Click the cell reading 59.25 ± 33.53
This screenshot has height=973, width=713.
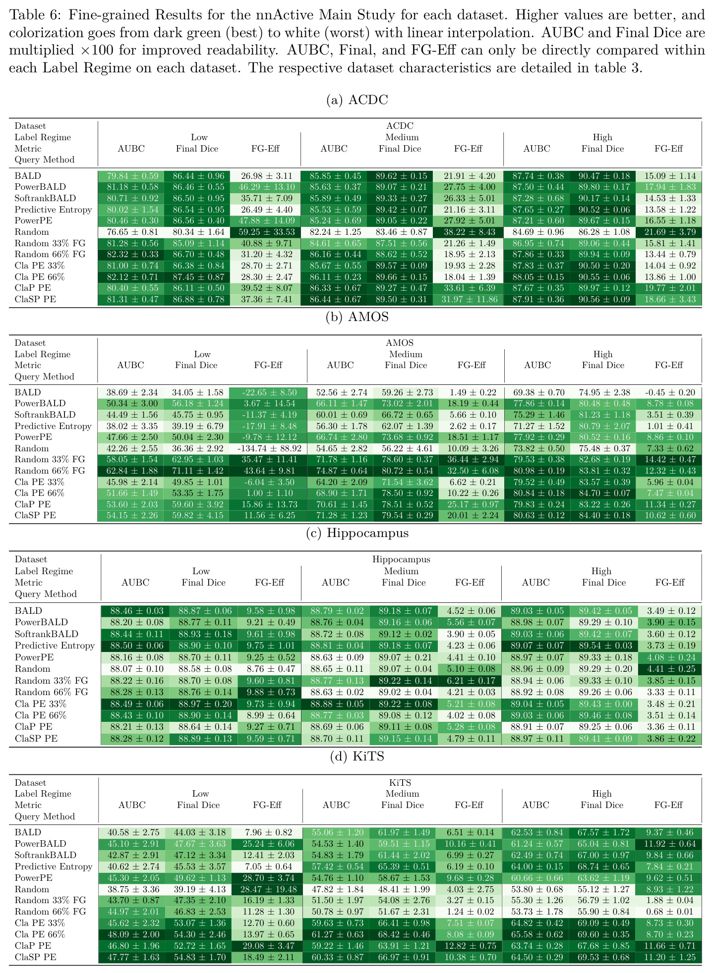tap(268, 232)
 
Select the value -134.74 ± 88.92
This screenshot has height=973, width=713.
tap(268, 448)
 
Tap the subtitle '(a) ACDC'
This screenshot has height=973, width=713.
tap(356, 100)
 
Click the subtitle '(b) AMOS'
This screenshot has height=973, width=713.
tap(356, 317)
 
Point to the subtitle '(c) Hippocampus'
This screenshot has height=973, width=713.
tap(356, 533)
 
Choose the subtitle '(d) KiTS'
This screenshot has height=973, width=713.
tap(356, 757)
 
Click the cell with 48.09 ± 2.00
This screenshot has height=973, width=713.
tap(132, 934)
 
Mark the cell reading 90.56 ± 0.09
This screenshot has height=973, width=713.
tap(602, 299)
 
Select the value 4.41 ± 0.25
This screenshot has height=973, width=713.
tap(670, 669)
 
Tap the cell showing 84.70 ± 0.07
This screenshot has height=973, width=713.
tap(603, 493)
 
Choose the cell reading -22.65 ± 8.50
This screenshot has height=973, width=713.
tap(268, 392)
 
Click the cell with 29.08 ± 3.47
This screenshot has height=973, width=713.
tap(268, 946)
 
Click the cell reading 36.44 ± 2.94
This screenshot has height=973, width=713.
tap(471, 460)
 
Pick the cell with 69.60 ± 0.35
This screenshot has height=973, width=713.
tap(602, 934)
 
